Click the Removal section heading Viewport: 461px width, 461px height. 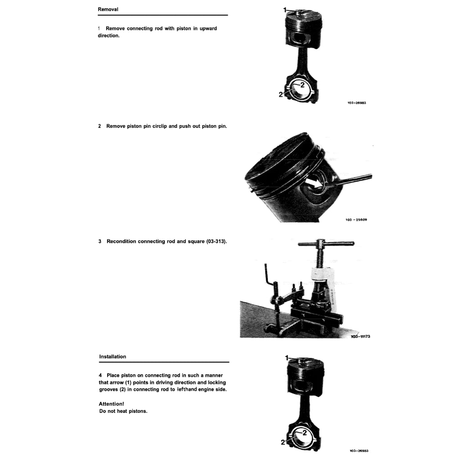coord(108,9)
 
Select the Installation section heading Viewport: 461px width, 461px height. coord(113,357)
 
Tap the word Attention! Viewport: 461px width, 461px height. coord(111,404)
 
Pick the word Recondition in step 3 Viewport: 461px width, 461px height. coord(122,241)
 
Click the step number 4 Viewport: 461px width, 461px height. coord(100,375)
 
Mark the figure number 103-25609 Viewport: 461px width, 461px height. coord(356,220)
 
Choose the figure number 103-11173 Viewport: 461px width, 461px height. coord(360,336)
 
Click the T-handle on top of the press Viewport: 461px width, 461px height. coord(326,244)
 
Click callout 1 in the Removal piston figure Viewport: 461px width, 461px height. coord(285,9)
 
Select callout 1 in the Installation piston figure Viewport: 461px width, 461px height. coord(287,357)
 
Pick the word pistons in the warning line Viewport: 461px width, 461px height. coord(138,411)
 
